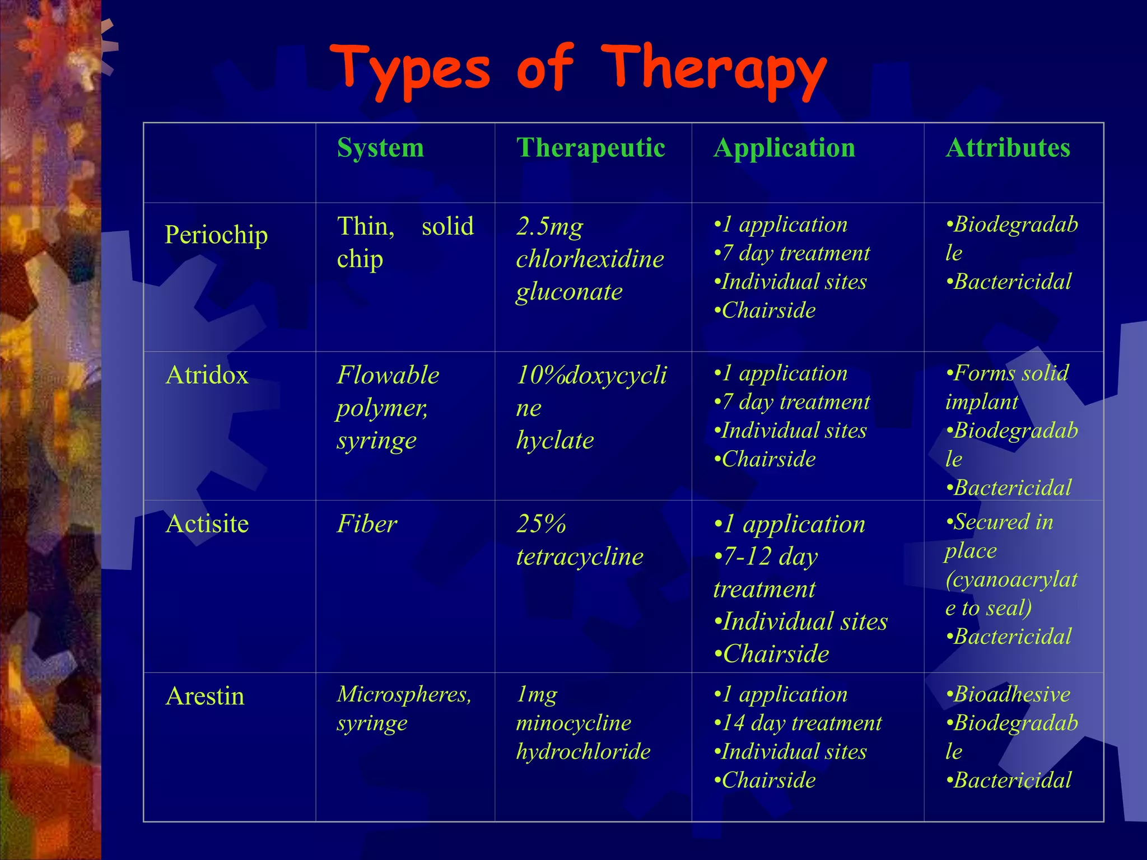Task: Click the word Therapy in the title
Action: tap(714, 70)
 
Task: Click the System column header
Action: tap(380, 148)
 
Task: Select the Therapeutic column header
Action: tap(590, 148)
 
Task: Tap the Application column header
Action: tap(784, 148)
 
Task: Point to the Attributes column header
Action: tap(1008, 148)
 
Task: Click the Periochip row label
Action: tap(216, 235)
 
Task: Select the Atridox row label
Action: tap(207, 375)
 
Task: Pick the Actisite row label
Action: tap(207, 524)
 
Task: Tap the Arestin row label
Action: tap(205, 697)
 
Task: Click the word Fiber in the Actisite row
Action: tap(367, 524)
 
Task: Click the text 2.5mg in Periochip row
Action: tap(549, 227)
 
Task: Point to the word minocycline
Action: tap(573, 723)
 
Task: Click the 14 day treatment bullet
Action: tap(798, 723)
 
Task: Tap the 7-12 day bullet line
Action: tap(766, 557)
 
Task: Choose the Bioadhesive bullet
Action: tap(1008, 694)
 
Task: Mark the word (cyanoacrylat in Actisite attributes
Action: tap(1011, 579)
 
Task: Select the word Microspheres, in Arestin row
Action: tap(404, 694)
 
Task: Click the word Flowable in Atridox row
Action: tap(388, 375)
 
